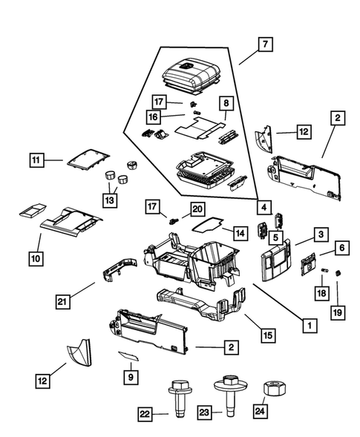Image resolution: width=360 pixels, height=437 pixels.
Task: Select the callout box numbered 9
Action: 131,376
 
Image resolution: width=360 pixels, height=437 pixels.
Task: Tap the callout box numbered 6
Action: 341,247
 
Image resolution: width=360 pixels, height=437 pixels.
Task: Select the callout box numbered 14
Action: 238,233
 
